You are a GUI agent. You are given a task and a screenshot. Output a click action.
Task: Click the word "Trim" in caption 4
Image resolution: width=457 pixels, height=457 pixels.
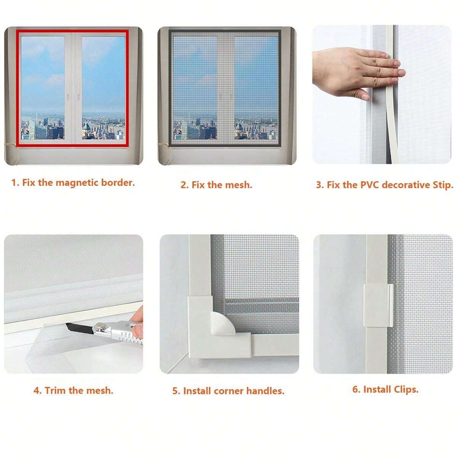(56, 390)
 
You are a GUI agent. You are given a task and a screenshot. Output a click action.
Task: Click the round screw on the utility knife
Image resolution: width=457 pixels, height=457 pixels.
(101, 326)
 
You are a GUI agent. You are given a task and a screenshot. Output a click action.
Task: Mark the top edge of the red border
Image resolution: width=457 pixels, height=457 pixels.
(72, 31)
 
